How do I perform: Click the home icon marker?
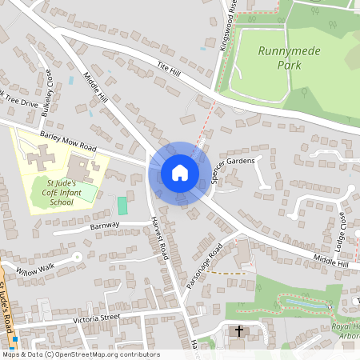180,172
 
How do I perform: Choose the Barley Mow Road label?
67,142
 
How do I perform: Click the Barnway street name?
105,226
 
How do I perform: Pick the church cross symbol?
238,331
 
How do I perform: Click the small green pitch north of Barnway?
122,206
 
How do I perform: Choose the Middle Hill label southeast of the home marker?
331,262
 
